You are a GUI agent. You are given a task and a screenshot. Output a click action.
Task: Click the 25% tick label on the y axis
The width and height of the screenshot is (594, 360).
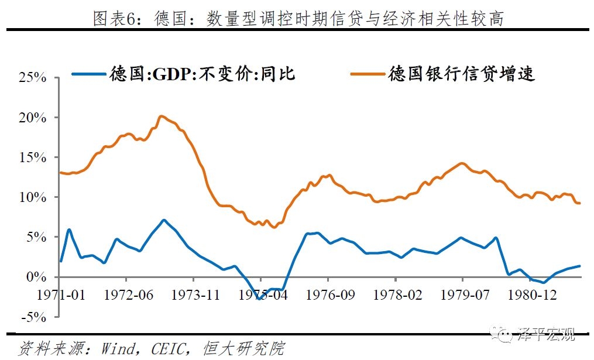pos(33,78)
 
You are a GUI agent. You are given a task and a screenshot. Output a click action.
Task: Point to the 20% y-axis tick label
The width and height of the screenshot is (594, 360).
pos(33,118)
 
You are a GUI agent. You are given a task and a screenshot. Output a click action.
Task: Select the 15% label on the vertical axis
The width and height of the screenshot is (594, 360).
pos(33,157)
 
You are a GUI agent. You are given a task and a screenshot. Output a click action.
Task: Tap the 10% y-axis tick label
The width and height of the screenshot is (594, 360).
pos(33,197)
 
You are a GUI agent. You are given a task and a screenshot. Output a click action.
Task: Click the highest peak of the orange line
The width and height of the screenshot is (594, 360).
pos(162,116)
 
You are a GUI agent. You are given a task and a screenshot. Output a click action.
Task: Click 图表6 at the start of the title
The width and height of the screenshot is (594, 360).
pos(113,19)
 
